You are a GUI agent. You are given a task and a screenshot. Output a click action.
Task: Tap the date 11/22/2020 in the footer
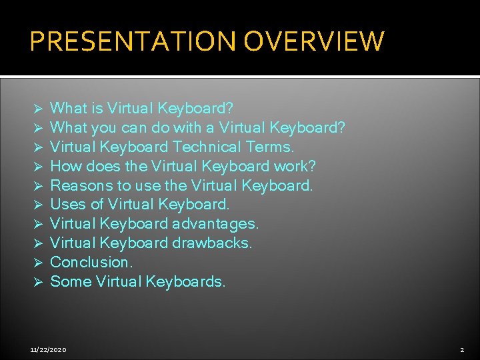[x=48, y=349]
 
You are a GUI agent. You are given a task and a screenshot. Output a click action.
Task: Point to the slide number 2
[x=461, y=349]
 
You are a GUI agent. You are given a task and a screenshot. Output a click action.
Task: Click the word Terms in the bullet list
[x=269, y=147]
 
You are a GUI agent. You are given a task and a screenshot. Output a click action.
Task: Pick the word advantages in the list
[x=217, y=223]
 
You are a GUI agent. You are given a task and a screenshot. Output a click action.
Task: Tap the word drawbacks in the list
[x=212, y=243]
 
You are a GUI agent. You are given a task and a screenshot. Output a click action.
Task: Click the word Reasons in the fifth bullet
[x=77, y=185]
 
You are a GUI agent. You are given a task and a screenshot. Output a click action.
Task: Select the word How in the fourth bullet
[x=64, y=165]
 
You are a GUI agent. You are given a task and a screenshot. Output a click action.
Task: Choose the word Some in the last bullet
[x=71, y=281]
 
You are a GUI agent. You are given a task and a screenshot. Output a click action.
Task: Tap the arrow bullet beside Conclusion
[x=39, y=263]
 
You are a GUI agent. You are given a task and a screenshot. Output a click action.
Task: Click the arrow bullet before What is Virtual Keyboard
[x=39, y=109]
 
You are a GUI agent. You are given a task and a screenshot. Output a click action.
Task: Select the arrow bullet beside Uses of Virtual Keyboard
[x=39, y=205]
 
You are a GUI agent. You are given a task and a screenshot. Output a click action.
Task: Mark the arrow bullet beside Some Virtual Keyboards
[x=39, y=282]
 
